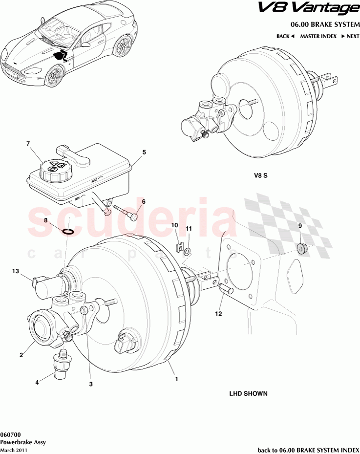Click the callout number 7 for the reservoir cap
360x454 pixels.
click(x=28, y=144)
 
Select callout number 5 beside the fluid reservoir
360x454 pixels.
click(x=144, y=152)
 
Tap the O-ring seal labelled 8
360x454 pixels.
click(x=69, y=231)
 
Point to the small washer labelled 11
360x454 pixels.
click(x=189, y=251)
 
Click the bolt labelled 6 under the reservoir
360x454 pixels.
click(x=127, y=213)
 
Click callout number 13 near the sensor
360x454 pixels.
click(x=15, y=271)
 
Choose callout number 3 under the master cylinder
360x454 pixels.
click(x=91, y=384)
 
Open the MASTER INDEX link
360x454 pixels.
click(x=318, y=36)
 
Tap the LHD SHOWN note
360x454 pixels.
click(x=248, y=393)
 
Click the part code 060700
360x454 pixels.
click(x=10, y=434)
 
